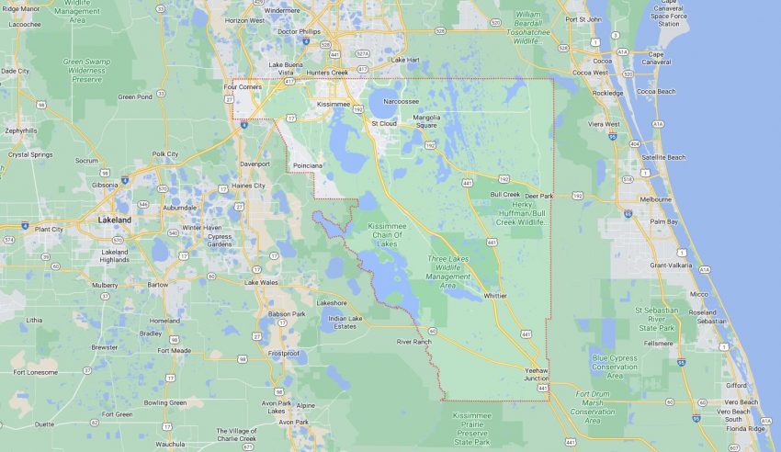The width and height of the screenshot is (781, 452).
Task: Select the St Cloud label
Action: tap(383, 122)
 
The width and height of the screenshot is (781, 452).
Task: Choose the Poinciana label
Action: tap(307, 164)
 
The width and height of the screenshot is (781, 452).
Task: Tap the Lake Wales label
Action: tap(262, 282)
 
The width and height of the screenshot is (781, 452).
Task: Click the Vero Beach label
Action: tap(741, 402)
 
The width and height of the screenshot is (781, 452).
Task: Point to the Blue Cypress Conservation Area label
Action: tap(615, 367)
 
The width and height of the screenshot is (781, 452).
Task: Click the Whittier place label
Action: tap(495, 296)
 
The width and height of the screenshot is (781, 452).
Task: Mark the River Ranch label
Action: tap(413, 342)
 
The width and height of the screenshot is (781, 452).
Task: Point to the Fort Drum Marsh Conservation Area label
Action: tap(593, 407)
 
